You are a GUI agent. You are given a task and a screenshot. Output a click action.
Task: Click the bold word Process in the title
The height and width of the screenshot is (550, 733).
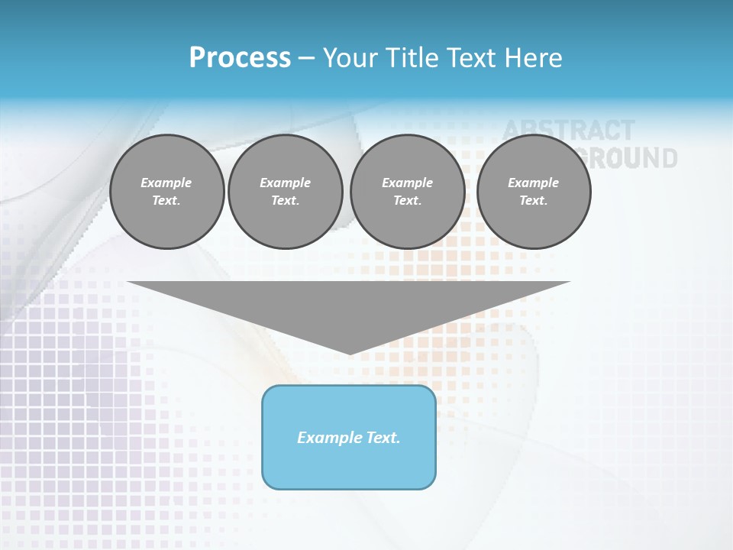point(240,58)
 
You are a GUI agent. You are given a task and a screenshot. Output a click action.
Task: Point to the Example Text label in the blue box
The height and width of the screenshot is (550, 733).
point(349,438)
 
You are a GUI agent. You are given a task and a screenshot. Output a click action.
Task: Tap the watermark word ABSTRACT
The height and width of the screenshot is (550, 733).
point(569,130)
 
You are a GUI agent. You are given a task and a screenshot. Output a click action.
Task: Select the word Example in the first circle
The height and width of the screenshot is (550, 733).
point(166,183)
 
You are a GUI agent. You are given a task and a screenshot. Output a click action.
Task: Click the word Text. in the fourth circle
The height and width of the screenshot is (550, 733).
point(534,200)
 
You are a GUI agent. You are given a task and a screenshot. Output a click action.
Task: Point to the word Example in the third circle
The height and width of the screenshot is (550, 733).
point(407,183)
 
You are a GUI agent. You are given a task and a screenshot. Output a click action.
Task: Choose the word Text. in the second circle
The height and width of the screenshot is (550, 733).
point(285,200)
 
